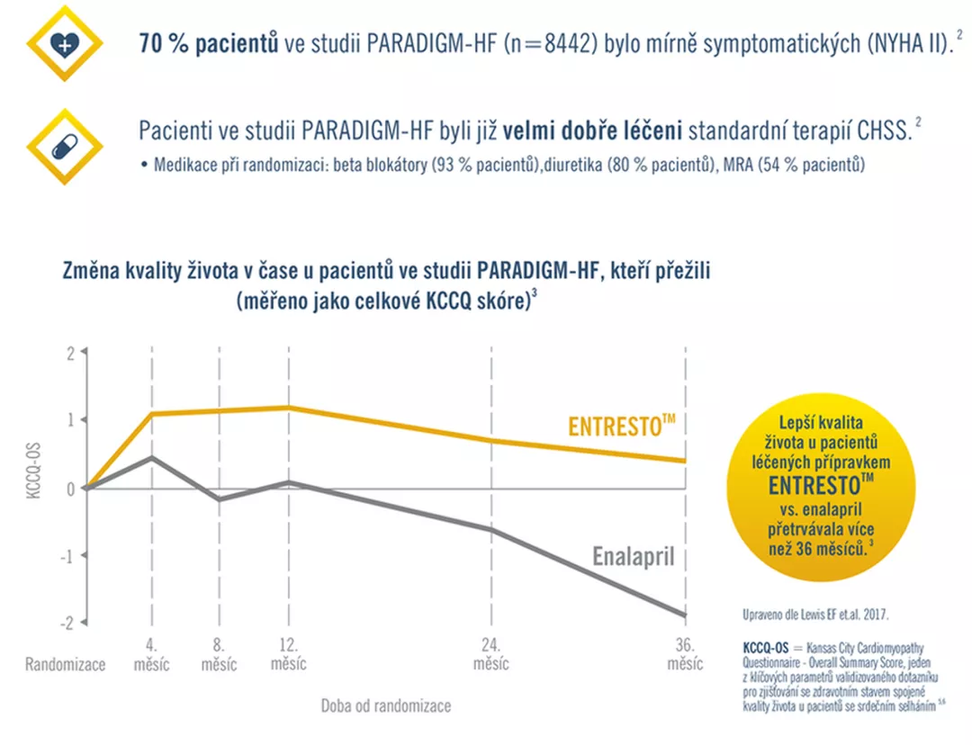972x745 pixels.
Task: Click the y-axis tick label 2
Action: click(x=70, y=353)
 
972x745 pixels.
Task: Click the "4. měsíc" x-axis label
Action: click(x=150, y=655)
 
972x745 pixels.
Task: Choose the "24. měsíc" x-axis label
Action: click(x=490, y=655)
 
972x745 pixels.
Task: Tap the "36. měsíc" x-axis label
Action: click(x=686, y=655)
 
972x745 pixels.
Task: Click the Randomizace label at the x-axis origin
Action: click(x=66, y=665)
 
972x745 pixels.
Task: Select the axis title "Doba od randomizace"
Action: click(x=386, y=705)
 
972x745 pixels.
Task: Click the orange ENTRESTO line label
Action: click(x=621, y=426)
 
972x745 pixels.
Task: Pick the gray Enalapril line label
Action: click(x=634, y=556)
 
